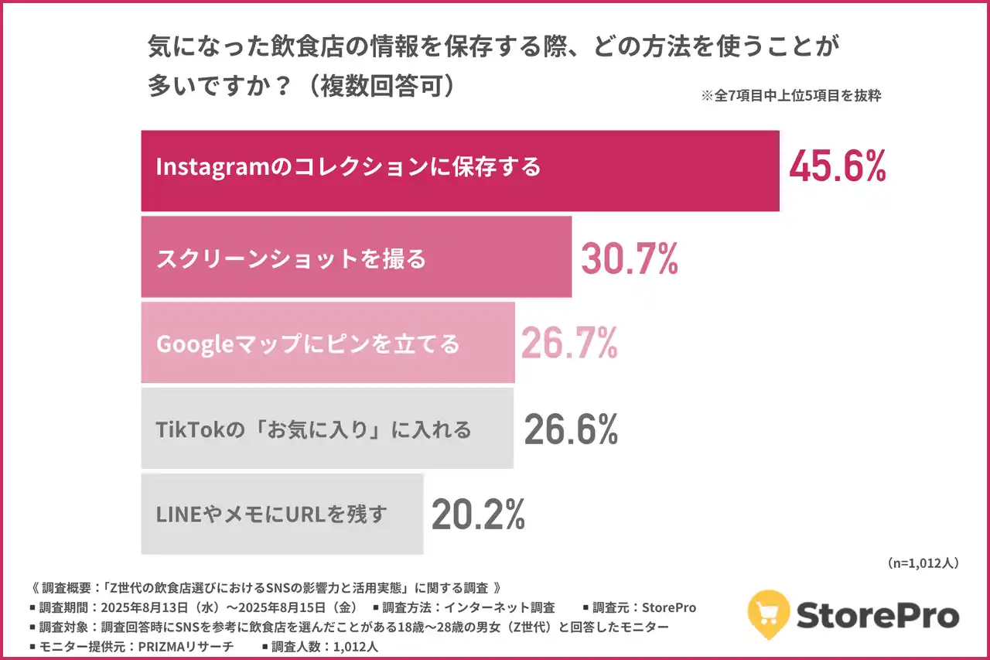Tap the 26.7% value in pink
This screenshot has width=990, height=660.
pyautogui.click(x=569, y=344)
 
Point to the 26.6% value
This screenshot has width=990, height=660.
pyautogui.click(x=571, y=429)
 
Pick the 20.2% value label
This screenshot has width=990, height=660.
pyautogui.click(x=478, y=514)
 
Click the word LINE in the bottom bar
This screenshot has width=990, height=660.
pyautogui.click(x=175, y=515)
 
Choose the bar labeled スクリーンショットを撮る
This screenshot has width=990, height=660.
pyautogui.click(x=356, y=258)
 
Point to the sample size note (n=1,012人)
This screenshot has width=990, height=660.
pyautogui.click(x=923, y=564)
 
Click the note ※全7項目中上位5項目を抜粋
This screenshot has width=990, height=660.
pyautogui.click(x=790, y=97)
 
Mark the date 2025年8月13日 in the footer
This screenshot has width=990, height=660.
pyautogui.click(x=143, y=608)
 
